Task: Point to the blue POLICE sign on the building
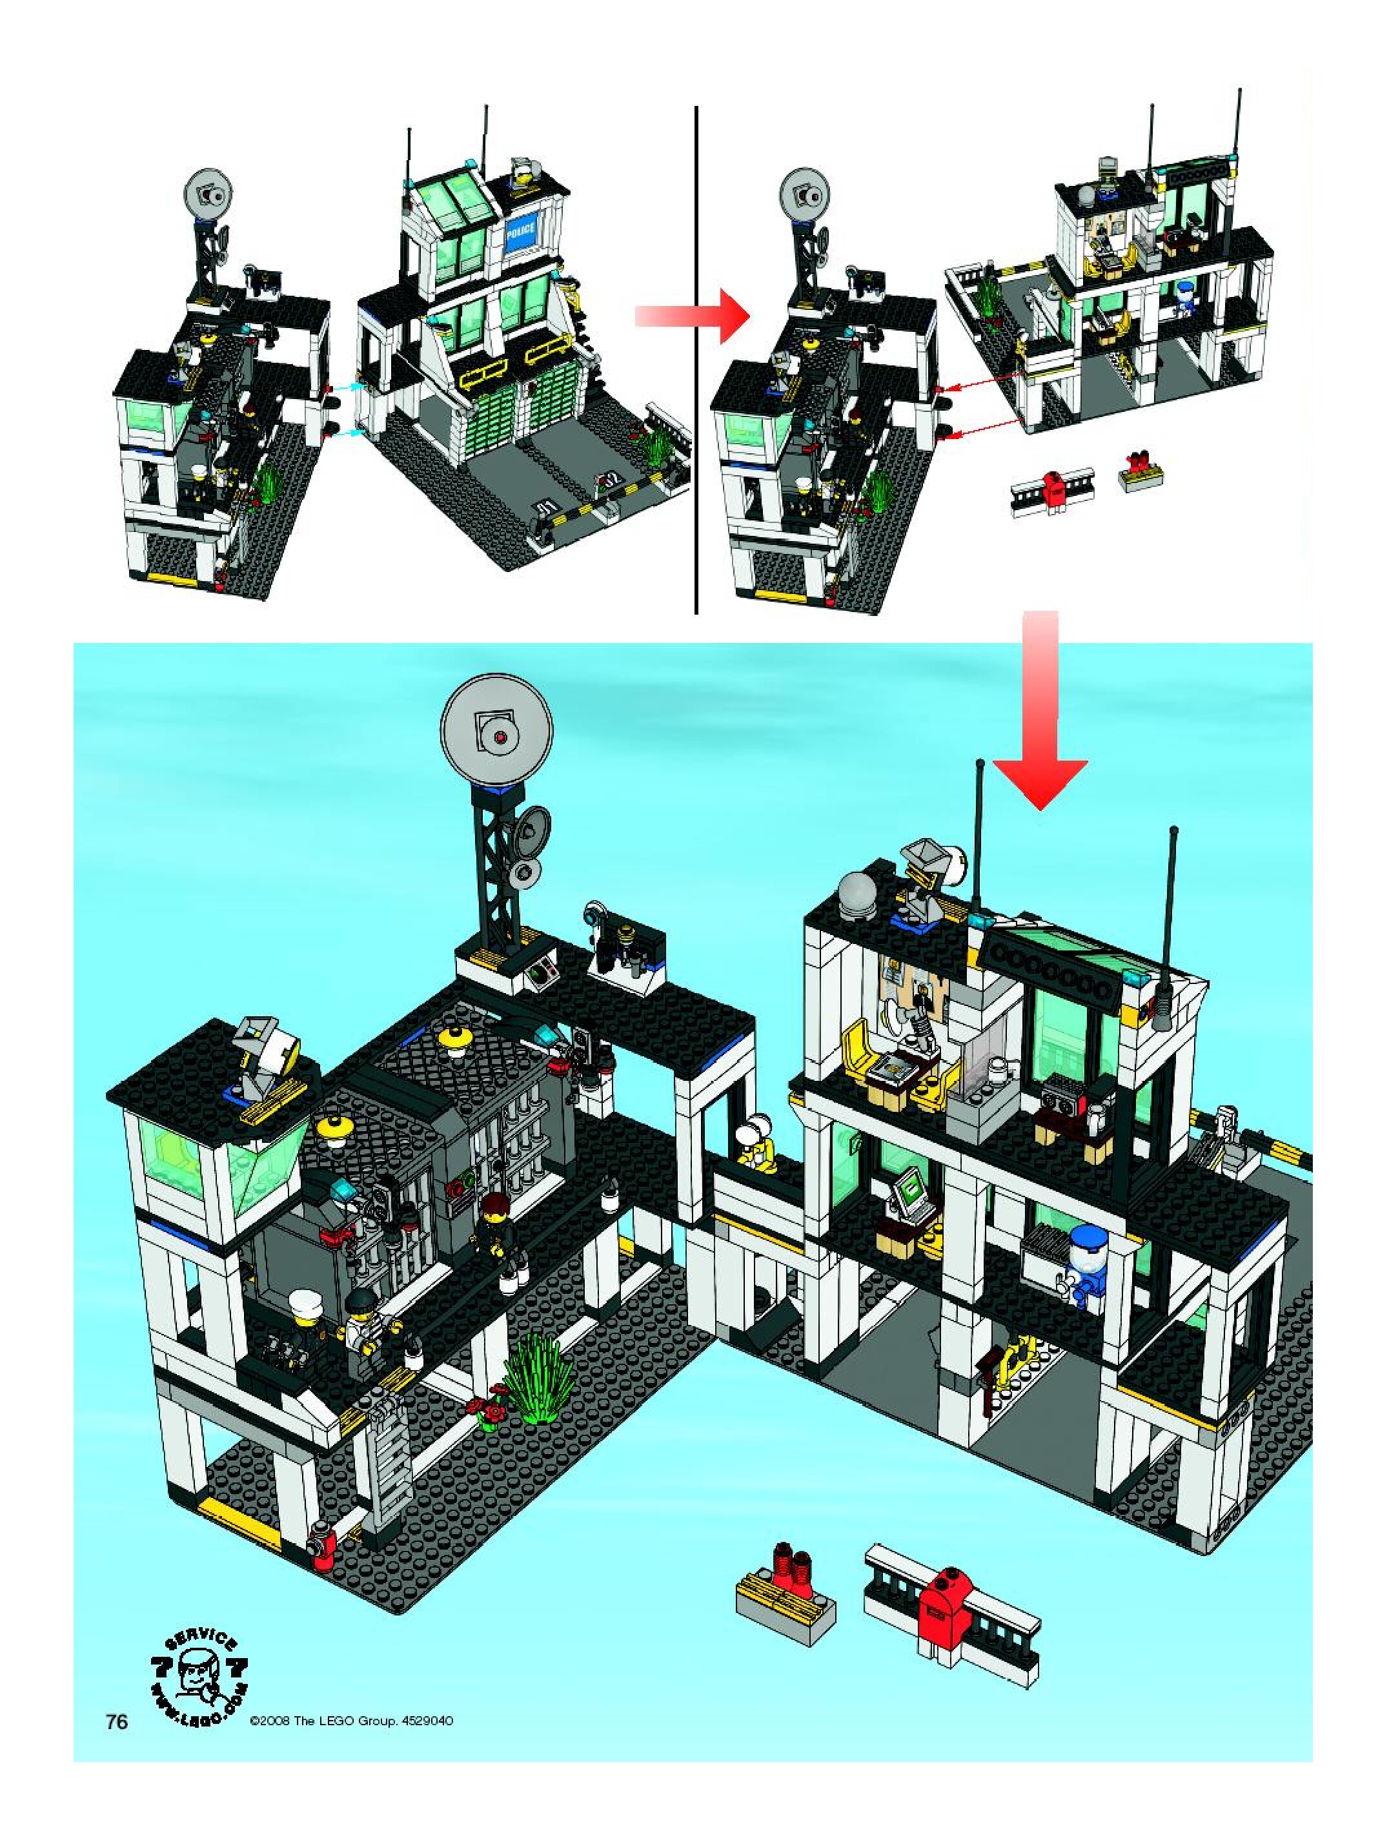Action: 521,228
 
